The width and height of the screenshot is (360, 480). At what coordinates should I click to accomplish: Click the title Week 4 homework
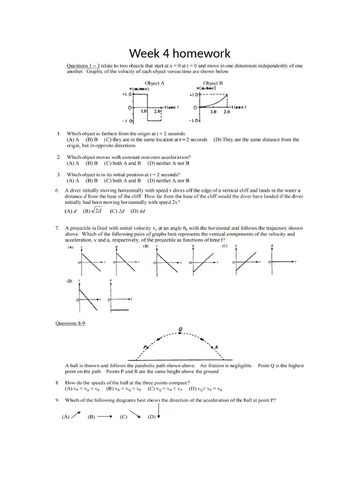click(x=180, y=53)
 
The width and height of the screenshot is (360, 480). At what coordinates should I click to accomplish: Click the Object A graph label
click(x=155, y=83)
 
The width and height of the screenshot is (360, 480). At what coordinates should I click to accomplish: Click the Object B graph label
click(x=213, y=83)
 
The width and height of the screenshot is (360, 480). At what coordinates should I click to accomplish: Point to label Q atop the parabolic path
click(x=180, y=329)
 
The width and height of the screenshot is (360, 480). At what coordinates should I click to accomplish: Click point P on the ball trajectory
click(x=146, y=347)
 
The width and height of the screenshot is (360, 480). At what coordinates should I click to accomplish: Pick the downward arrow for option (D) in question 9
click(x=159, y=412)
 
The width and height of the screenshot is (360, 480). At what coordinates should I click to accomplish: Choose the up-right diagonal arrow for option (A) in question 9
click(x=76, y=415)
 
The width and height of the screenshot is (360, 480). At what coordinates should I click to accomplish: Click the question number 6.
click(x=57, y=190)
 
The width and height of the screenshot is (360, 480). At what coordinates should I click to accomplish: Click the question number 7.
click(x=57, y=227)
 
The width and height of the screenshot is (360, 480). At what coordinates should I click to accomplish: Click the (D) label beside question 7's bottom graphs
click(x=69, y=281)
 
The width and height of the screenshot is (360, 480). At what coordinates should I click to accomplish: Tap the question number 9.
click(x=57, y=400)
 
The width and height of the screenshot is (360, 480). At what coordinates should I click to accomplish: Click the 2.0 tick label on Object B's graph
click(x=227, y=112)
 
